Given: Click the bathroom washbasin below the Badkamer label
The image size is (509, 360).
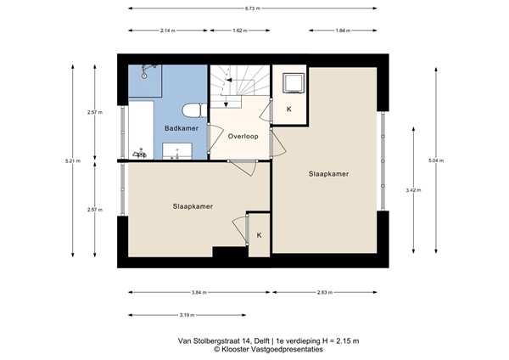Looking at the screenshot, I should point(179,151).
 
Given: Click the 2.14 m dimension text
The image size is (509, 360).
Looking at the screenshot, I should point(167,31).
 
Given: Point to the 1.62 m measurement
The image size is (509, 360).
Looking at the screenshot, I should point(238,31).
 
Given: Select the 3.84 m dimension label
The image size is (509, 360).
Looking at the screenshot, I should point(198,292).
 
